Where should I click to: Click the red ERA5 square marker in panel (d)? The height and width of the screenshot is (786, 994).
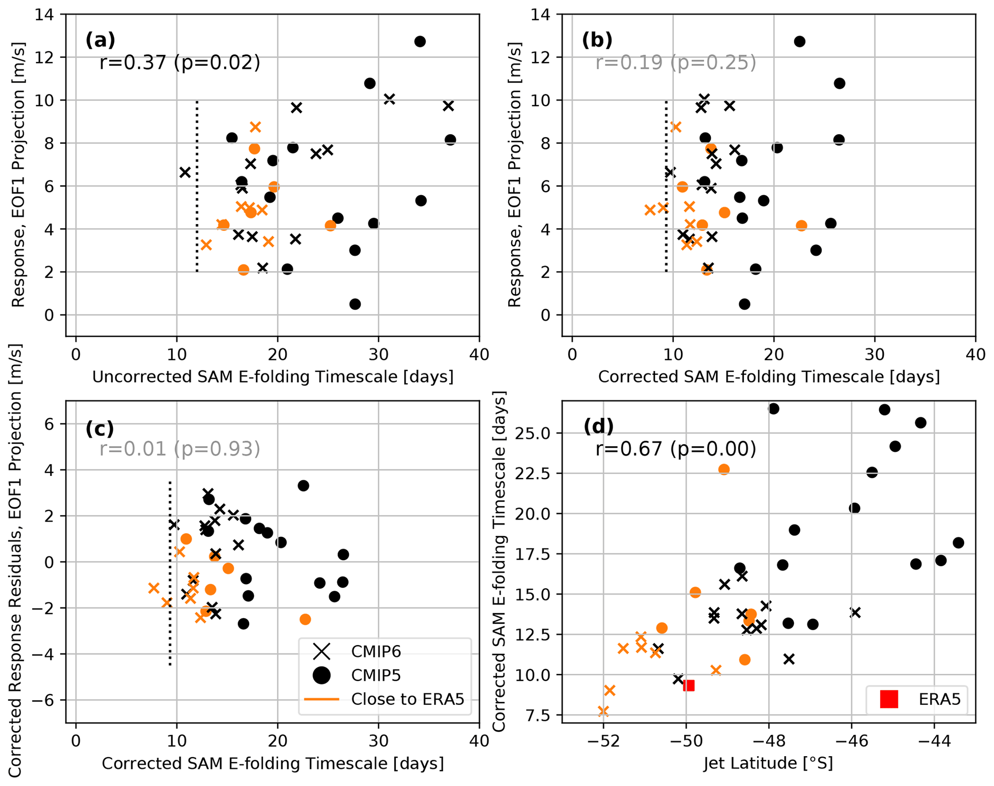point(688,686)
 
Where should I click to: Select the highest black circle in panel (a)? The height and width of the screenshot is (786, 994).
point(420,41)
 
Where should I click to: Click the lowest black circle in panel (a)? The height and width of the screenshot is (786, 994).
point(355,304)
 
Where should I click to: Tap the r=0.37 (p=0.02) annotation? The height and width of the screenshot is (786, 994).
point(179,62)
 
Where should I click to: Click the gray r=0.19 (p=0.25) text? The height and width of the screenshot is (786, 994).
point(675,62)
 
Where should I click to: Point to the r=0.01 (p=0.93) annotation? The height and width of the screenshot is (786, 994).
point(179,449)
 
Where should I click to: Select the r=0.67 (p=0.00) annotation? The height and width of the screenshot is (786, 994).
point(675,449)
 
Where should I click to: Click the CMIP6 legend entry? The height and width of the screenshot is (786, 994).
point(376,651)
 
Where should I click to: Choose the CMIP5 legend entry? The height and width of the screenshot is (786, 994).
point(376,675)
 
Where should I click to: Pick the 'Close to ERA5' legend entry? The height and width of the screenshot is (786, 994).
point(407,699)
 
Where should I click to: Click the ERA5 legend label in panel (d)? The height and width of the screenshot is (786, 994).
point(939,699)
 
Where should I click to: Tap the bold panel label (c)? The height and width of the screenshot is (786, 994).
point(100,428)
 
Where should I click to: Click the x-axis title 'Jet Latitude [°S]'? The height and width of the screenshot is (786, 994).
point(768,763)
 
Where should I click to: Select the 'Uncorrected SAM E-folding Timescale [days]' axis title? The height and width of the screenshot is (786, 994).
point(273,377)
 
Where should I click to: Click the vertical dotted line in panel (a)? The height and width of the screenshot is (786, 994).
point(197,187)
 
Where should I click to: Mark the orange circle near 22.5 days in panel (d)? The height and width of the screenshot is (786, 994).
point(724,469)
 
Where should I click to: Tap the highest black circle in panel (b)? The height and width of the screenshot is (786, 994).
point(799,41)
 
